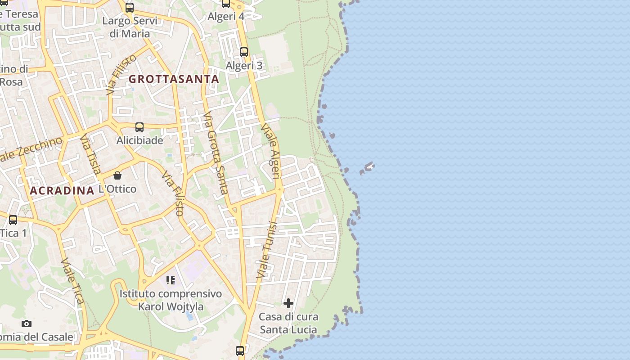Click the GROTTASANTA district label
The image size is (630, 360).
coord(174,79)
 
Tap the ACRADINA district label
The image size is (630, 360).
coord(62,191)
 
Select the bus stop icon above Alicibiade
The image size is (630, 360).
coord(139,127)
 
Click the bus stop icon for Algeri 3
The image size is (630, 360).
coord(244,52)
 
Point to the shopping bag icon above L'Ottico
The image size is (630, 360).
coord(117,175)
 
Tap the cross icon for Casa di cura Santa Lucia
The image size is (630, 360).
coord(288,303)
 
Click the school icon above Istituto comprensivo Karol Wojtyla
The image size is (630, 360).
coord(171,280)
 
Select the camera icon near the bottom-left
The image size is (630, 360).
coord(27,324)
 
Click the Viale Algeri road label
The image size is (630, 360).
coord(271,151)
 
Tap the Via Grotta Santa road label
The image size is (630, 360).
coord(216,153)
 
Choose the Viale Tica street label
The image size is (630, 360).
coord(72,281)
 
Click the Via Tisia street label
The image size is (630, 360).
coord(90,154)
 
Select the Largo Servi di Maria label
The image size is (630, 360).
coord(130,27)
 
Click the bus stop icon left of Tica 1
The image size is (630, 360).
coord(13,220)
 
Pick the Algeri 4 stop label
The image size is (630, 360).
coord(226,17)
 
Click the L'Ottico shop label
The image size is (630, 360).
coord(117,189)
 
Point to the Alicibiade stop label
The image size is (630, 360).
coord(139,140)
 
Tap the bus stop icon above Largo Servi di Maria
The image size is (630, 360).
coord(130,8)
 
